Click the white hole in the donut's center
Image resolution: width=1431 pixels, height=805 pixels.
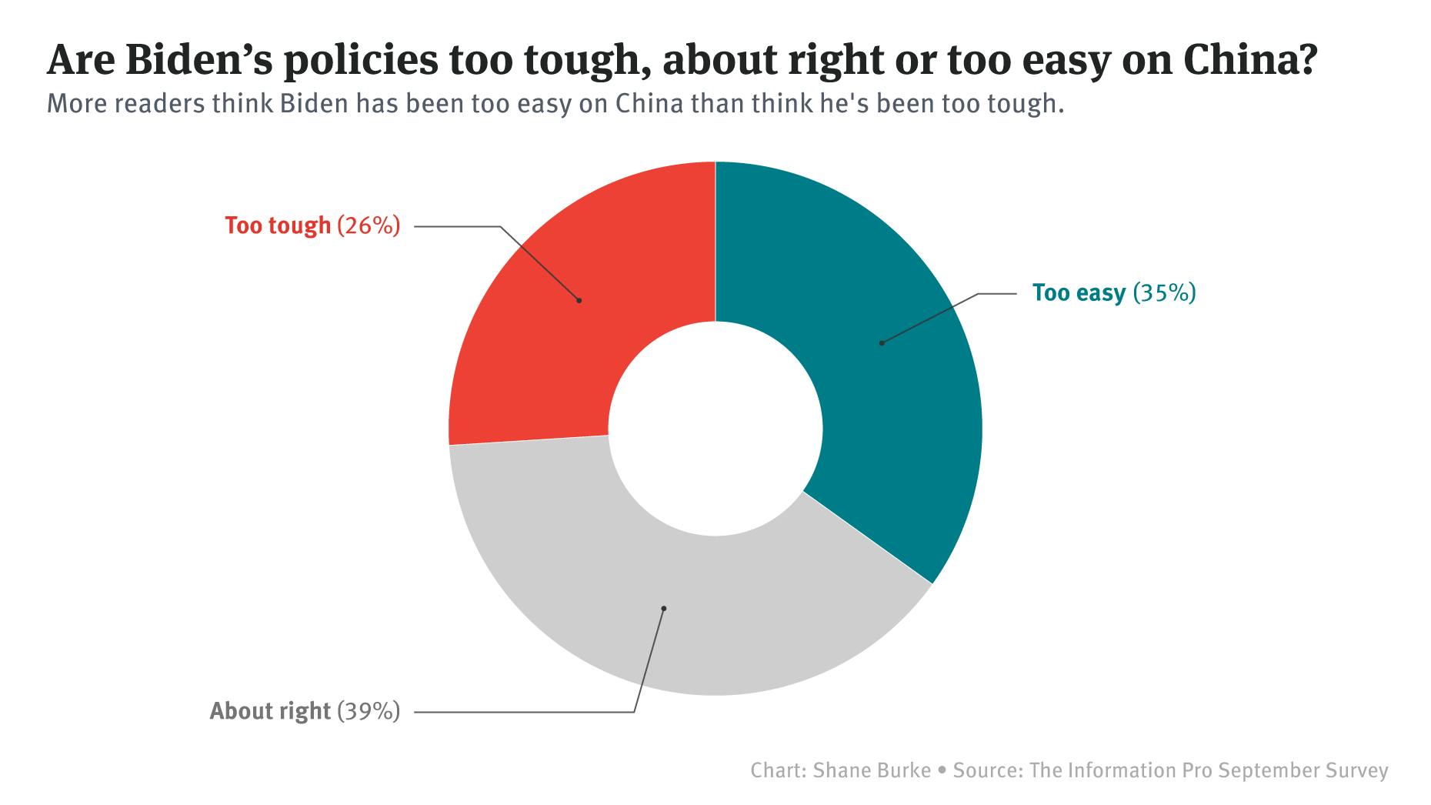tap(715, 429)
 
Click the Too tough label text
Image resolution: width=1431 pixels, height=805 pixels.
tap(278, 225)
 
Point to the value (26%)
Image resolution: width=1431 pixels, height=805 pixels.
tap(369, 225)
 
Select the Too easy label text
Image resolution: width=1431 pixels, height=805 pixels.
tap(1079, 293)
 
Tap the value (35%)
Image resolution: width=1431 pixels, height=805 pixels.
tap(1165, 293)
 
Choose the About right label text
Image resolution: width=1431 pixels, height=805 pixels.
tap(270, 711)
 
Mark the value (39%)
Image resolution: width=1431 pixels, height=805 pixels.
tap(369, 711)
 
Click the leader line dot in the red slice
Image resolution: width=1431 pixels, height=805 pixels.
tap(579, 300)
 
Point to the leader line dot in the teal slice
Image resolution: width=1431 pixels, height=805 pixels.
tap(882, 342)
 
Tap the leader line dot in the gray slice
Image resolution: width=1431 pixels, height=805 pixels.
tap(663, 609)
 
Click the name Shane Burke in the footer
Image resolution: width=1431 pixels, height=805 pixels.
tap(872, 770)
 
